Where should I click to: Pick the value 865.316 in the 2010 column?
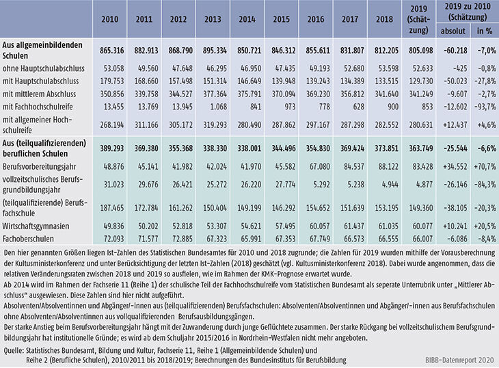coord(109,51)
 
